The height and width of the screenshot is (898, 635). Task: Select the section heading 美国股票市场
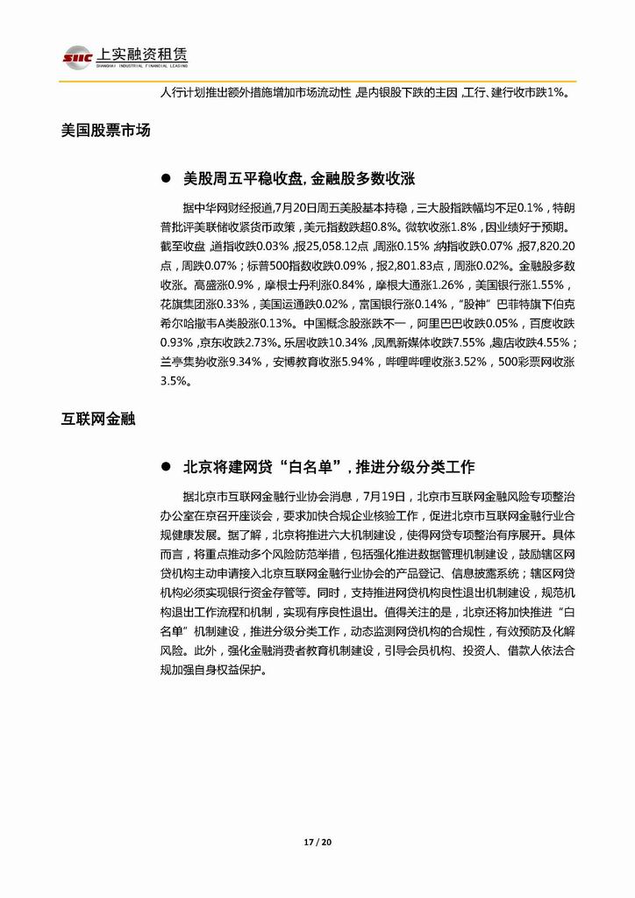click(x=106, y=131)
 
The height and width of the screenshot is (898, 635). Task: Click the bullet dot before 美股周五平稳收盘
click(x=164, y=178)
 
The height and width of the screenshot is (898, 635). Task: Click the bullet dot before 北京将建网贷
click(x=164, y=466)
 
